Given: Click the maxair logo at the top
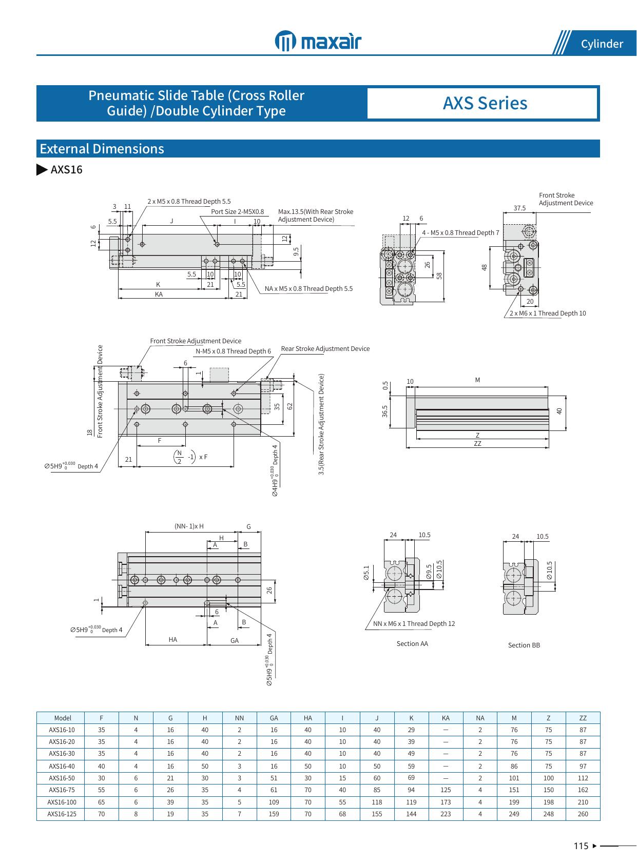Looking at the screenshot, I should (x=318, y=41).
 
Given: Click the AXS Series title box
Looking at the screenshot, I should (x=485, y=103).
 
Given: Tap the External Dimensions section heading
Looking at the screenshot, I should (x=102, y=149).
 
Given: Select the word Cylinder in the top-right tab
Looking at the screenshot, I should (x=602, y=44).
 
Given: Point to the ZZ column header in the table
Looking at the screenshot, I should (x=583, y=718).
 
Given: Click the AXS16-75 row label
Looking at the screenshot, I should (x=62, y=790).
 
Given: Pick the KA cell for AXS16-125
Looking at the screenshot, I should (x=446, y=814).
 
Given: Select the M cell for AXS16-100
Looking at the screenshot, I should (x=514, y=802).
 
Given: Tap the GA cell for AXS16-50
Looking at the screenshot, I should (x=274, y=778).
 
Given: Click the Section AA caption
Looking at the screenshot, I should (x=412, y=643).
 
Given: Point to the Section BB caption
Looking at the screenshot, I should (x=524, y=645).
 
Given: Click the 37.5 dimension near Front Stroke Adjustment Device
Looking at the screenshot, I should (x=519, y=208).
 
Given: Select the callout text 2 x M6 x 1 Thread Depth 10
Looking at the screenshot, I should (x=547, y=313).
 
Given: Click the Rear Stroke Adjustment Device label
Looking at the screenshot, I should (x=325, y=349).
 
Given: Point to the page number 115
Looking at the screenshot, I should (x=581, y=846).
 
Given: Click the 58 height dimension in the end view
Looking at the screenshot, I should (x=439, y=276).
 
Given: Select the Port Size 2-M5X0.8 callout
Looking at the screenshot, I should (x=237, y=211).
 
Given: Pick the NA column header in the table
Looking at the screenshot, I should (x=480, y=718).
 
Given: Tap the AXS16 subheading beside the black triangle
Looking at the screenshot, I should (x=66, y=170).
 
